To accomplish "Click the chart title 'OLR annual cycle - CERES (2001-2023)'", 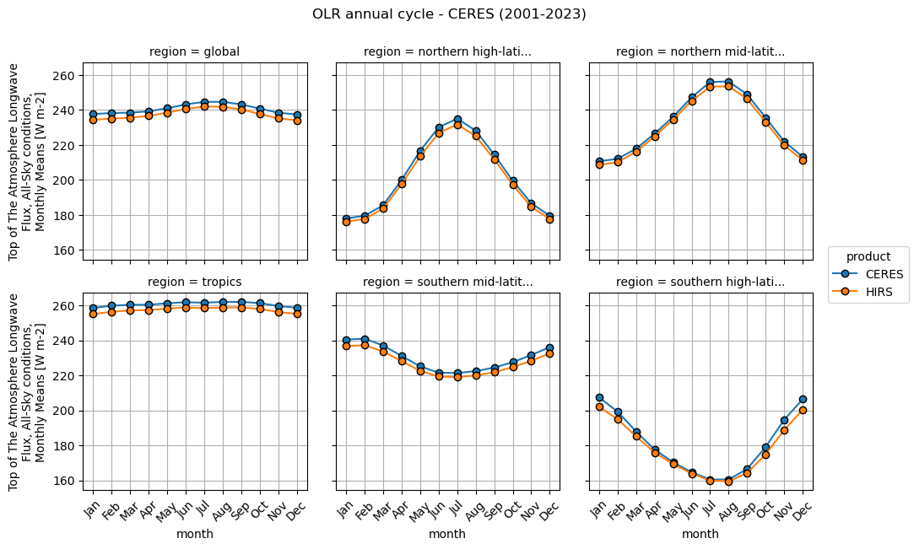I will click(448, 13).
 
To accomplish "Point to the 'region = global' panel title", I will click(194, 51).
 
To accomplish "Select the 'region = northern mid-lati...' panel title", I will click(700, 51).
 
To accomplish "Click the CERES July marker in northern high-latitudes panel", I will click(457, 120).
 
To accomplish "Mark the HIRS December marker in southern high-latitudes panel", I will click(803, 410).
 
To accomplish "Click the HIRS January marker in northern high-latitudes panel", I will click(346, 222).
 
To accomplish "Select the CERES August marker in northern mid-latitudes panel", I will click(728, 82).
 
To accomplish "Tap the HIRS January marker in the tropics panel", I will click(93, 314).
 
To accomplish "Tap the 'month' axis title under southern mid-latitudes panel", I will click(447, 534).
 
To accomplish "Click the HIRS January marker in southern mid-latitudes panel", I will click(346, 346).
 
